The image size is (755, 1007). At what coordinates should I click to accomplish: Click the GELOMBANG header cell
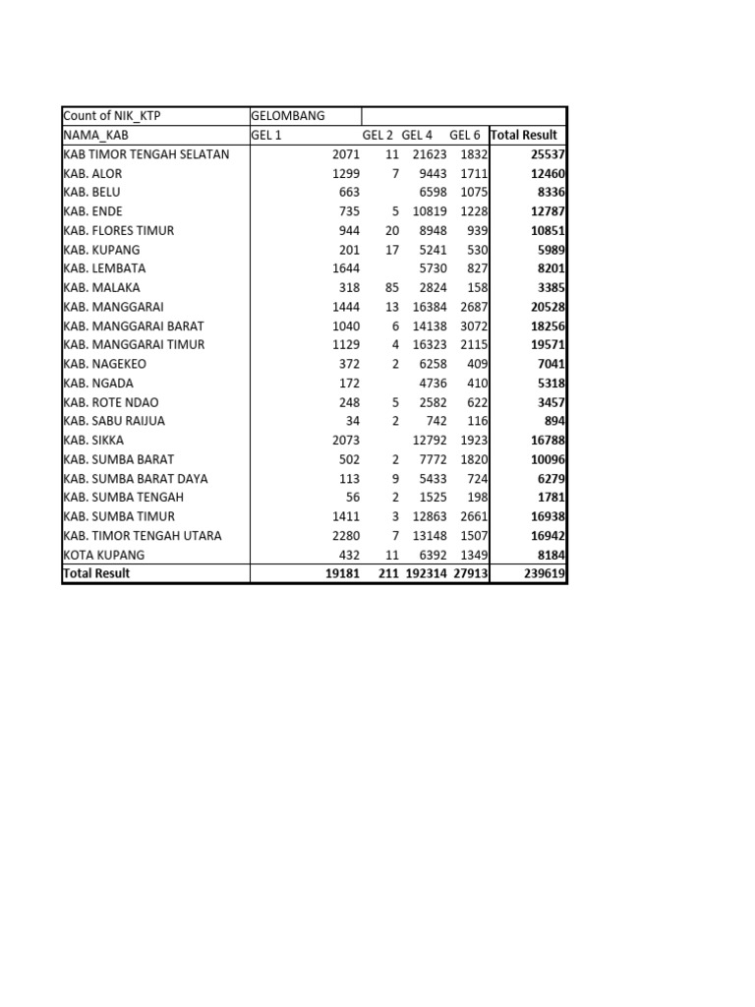click(x=288, y=116)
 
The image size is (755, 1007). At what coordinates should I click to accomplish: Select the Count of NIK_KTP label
click(x=111, y=116)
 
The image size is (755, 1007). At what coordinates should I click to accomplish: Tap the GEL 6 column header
click(x=465, y=135)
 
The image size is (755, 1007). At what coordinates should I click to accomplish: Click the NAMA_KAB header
click(x=96, y=135)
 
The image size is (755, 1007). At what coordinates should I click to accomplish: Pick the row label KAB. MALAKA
click(x=101, y=287)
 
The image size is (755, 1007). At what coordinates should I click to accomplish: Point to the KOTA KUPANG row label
click(x=103, y=555)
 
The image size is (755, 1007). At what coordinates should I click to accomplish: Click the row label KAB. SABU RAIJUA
click(x=114, y=421)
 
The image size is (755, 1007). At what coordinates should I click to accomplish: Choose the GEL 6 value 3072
click(x=473, y=326)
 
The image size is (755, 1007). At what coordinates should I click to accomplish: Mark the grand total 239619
click(x=544, y=573)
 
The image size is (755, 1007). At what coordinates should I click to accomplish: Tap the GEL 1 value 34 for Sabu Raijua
click(x=352, y=421)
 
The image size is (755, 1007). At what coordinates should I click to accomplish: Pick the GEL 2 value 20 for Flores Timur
click(x=392, y=230)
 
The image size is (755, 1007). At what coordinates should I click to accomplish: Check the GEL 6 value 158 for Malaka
click(x=477, y=287)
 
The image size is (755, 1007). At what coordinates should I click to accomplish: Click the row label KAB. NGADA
click(x=98, y=383)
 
